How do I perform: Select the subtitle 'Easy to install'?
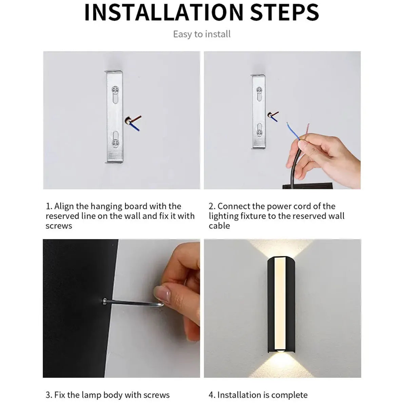tap(202, 34)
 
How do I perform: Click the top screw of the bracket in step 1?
tap(115, 90)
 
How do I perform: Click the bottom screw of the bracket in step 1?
tap(115, 143)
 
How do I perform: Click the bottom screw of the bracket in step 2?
tap(259, 132)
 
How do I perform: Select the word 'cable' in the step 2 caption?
tap(219, 226)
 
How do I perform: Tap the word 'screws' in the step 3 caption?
tap(156, 395)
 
